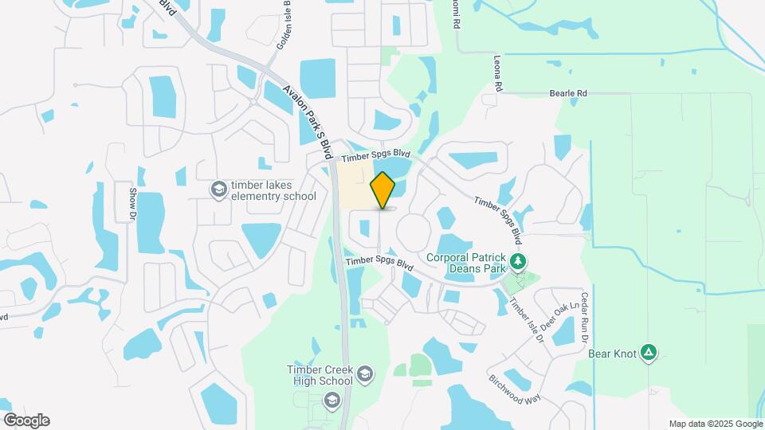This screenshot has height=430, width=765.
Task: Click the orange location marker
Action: coord(383,190)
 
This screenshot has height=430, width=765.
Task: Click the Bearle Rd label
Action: coord(568,94)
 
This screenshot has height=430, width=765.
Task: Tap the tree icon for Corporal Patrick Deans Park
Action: coord(518,261)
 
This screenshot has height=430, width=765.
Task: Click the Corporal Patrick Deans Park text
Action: coord(466,263)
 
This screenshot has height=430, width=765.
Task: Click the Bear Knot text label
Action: coord(613,353)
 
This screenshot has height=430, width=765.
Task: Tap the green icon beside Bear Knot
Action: coord(649,353)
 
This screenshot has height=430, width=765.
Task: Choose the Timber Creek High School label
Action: coord(320,375)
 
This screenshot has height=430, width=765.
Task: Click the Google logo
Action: coord(26,420)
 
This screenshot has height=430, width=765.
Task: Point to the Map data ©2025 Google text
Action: coord(716,424)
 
